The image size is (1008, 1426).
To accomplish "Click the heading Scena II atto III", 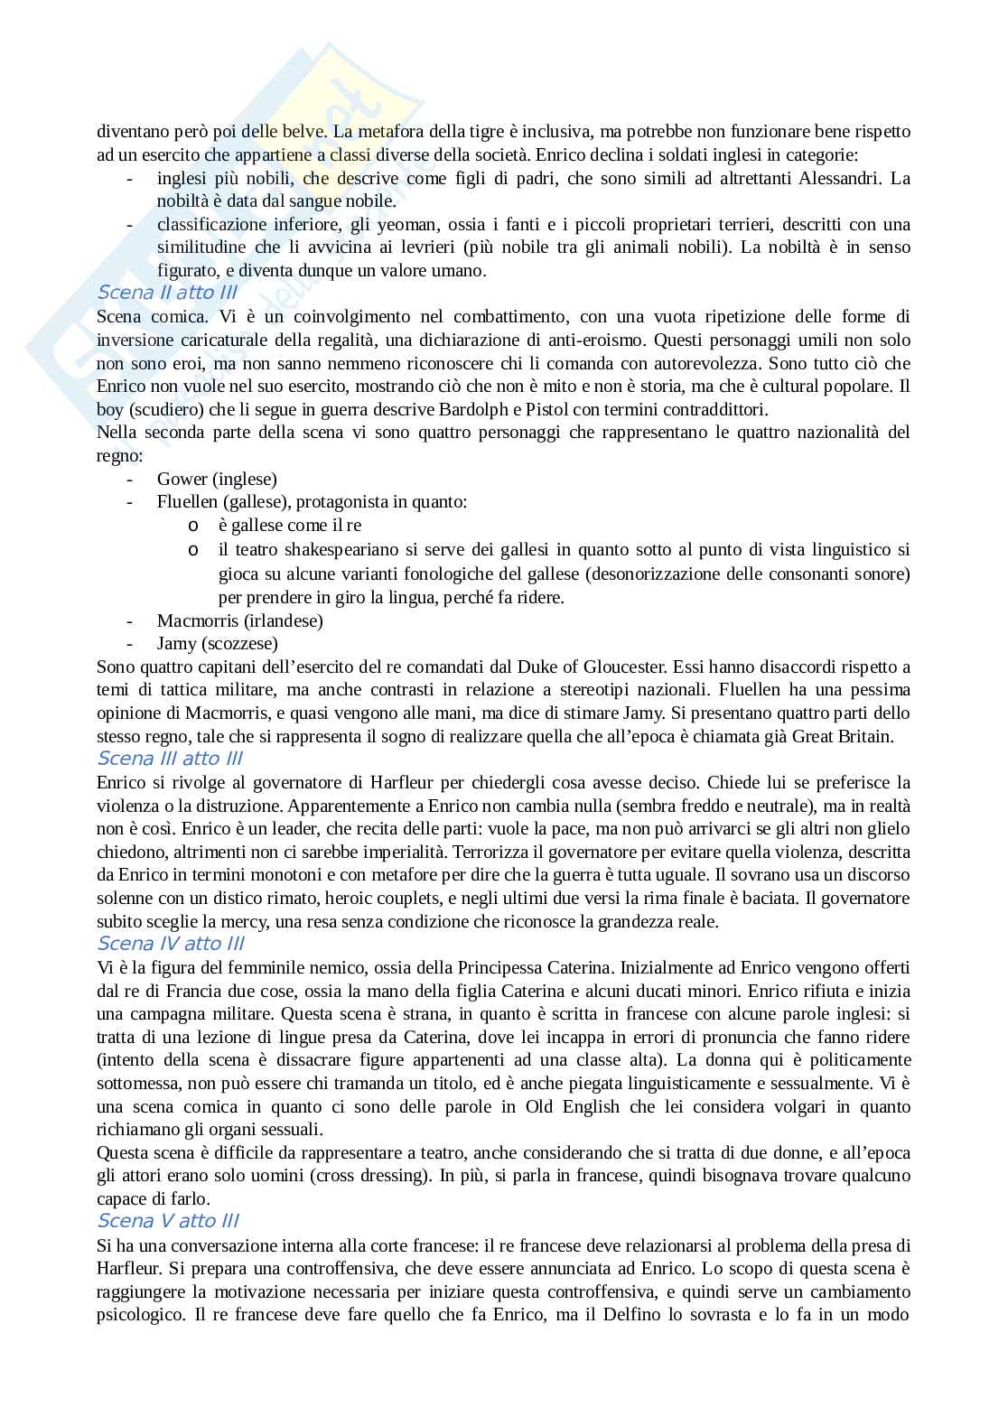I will point(167,293).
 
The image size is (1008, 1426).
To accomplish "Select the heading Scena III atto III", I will point(170,759).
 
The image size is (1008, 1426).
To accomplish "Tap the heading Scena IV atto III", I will point(170,944).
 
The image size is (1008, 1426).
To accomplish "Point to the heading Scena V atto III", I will point(167,1221).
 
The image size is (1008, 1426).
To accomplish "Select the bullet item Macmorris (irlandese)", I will point(239,620).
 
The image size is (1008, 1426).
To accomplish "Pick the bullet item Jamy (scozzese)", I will point(217,643).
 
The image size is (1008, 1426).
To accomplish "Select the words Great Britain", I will point(844,736).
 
